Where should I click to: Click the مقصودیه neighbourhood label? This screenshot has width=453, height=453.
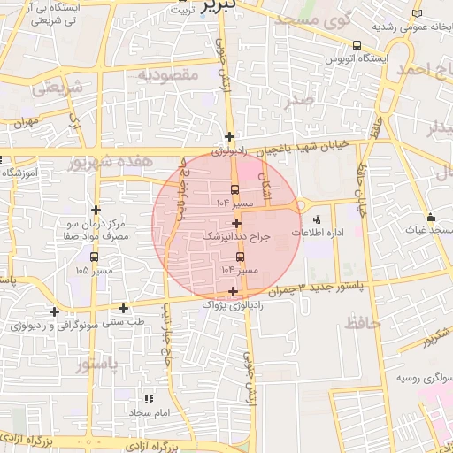click(x=171, y=75)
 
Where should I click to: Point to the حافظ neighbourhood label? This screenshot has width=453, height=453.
click(x=362, y=324)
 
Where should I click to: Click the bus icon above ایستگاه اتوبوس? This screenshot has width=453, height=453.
click(x=357, y=45)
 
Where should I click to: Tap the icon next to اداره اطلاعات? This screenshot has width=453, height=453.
click(x=317, y=219)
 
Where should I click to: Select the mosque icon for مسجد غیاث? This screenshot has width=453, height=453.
click(x=430, y=218)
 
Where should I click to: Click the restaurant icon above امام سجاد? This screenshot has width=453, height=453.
click(x=148, y=400)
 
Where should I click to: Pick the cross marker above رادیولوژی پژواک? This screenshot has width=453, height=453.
click(x=233, y=291)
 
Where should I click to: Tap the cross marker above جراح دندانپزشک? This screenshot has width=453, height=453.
click(x=236, y=223)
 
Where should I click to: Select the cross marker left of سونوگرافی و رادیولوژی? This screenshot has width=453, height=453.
click(x=55, y=311)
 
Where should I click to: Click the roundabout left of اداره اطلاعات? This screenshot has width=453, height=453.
click(x=299, y=207)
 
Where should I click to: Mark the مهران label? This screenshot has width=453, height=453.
click(x=26, y=121)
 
